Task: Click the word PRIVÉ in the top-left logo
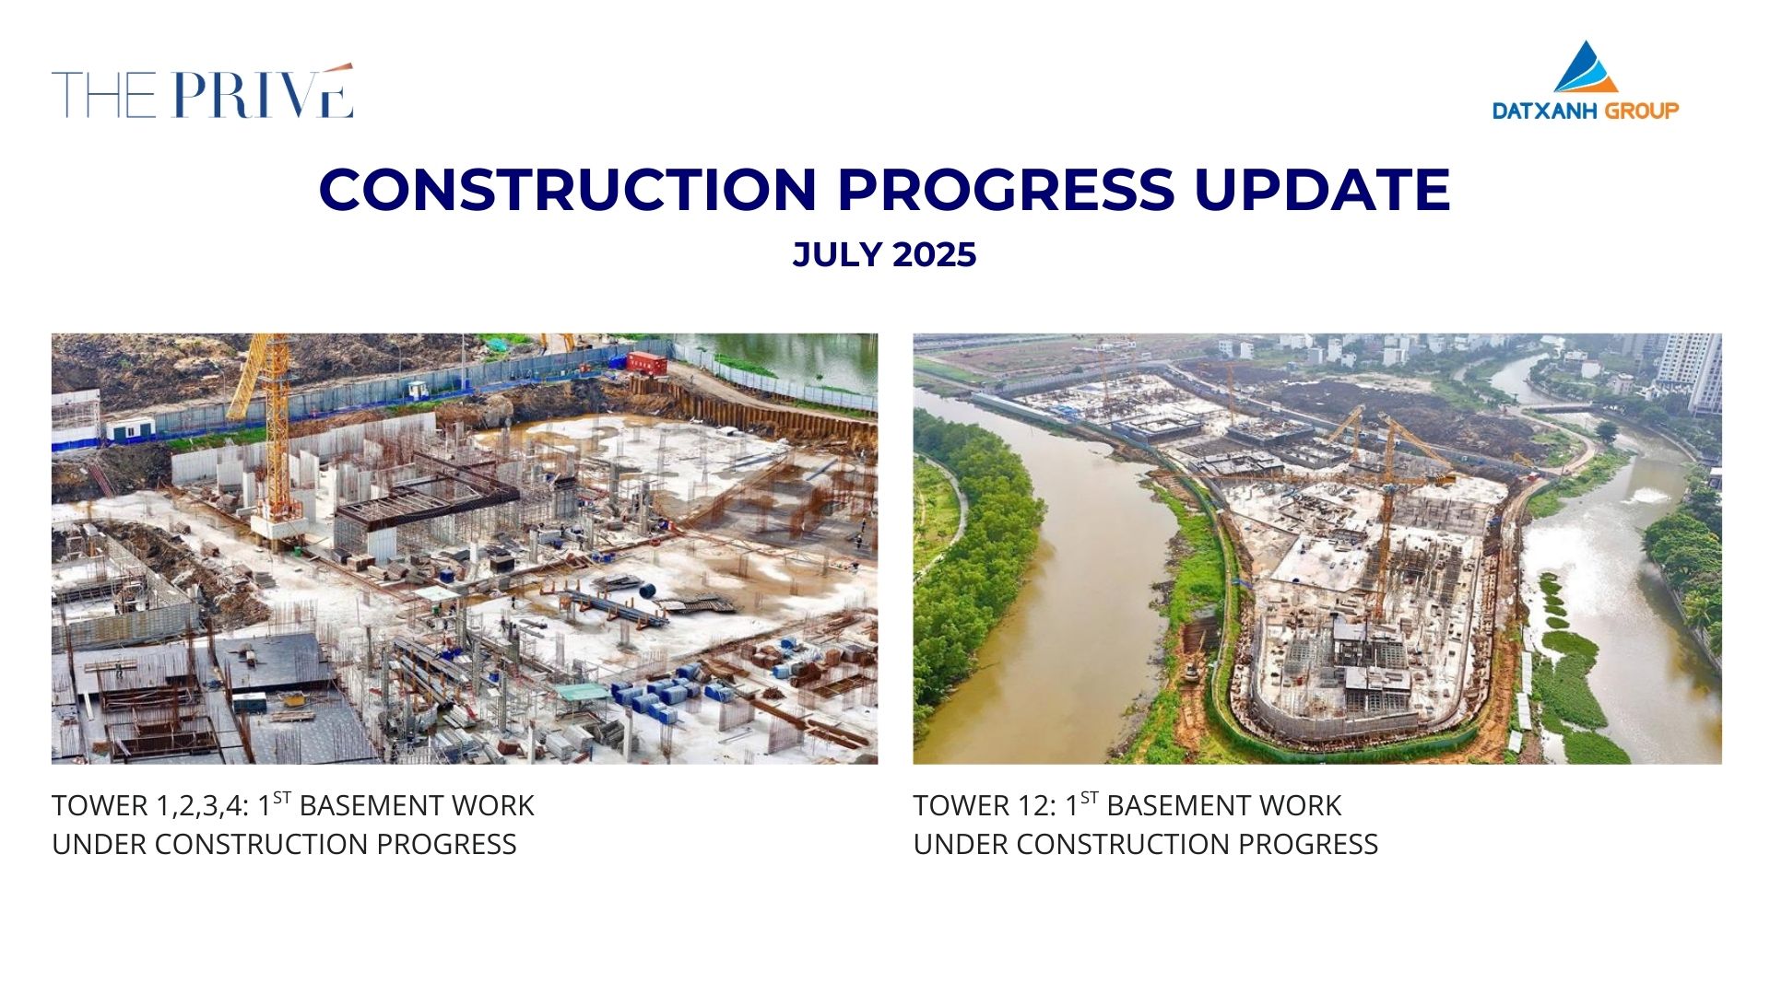point(262,92)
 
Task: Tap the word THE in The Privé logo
point(103,95)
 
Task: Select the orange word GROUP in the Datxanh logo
point(1642,111)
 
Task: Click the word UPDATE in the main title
point(1323,189)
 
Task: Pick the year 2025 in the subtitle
point(934,255)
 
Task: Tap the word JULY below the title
point(836,255)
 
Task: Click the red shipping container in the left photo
point(647,361)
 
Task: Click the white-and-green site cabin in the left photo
point(130,428)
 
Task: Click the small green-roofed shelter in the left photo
point(582,692)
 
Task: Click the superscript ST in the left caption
point(282,798)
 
